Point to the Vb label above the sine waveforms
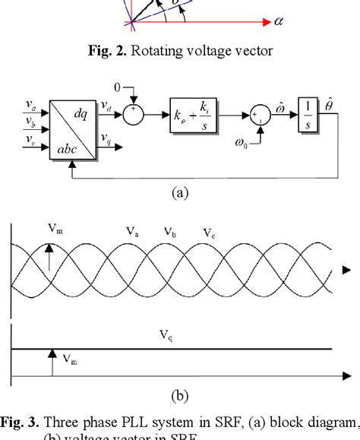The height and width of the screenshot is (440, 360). click(166, 232)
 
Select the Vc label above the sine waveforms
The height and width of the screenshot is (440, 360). click(209, 233)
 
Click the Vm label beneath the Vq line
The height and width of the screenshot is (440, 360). click(69, 359)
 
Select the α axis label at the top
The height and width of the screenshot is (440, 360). click(278, 21)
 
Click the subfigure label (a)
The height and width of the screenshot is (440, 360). click(180, 193)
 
